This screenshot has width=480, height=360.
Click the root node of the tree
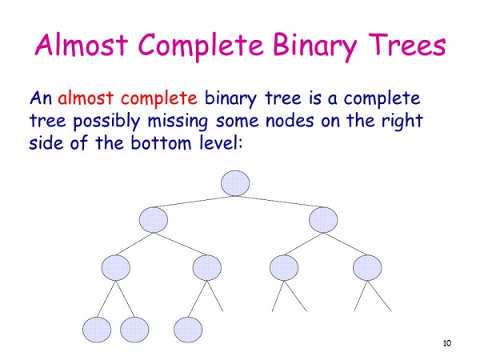pyautogui.click(x=235, y=183)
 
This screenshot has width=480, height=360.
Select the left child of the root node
pyautogui.click(x=154, y=219)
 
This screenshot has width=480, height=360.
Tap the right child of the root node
pyautogui.click(x=323, y=219)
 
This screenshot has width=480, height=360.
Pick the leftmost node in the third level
pyautogui.click(x=116, y=267)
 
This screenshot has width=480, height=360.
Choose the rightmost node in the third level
pyautogui.click(x=367, y=267)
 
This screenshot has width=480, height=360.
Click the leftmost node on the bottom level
pyautogui.click(x=97, y=330)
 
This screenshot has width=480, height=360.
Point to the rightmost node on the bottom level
pyautogui.click(x=188, y=330)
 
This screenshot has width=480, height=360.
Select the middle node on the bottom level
pyautogui.click(x=134, y=330)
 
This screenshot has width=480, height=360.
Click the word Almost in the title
pyautogui.click(x=82, y=45)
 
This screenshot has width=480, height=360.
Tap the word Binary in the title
pyautogui.click(x=314, y=46)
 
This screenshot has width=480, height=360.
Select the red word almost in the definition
pyautogui.click(x=86, y=98)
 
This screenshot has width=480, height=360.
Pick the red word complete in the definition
pyautogui.click(x=159, y=98)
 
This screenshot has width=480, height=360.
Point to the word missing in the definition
pyautogui.click(x=178, y=122)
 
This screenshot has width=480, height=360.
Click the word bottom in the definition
pyautogui.click(x=162, y=143)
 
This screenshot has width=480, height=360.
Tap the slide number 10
pyautogui.click(x=447, y=343)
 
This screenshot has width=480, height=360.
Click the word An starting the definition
pyautogui.click(x=41, y=98)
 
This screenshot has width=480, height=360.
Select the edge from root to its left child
pyautogui.click(x=194, y=202)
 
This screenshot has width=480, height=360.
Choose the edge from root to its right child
pyautogui.click(x=279, y=202)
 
